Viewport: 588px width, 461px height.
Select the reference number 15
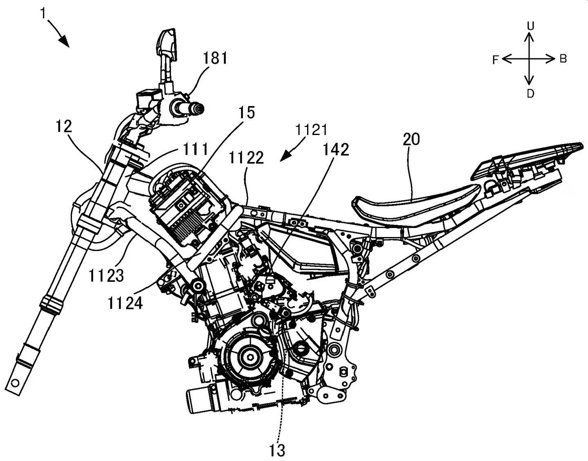247,112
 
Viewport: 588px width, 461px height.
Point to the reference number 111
196,149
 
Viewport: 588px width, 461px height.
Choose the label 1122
246,157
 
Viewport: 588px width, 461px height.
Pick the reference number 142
336,150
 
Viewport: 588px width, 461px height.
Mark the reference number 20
411,140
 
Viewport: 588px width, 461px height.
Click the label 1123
106,276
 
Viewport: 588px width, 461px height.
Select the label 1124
125,303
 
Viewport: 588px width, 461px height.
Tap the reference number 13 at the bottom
277,450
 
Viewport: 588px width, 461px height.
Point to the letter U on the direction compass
530,26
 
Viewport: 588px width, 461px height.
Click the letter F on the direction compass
495,60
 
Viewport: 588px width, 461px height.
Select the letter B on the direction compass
563,59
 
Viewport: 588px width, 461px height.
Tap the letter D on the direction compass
530,94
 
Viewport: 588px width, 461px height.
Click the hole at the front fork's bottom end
15,383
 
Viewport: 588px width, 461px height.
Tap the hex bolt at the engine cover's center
249,358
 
